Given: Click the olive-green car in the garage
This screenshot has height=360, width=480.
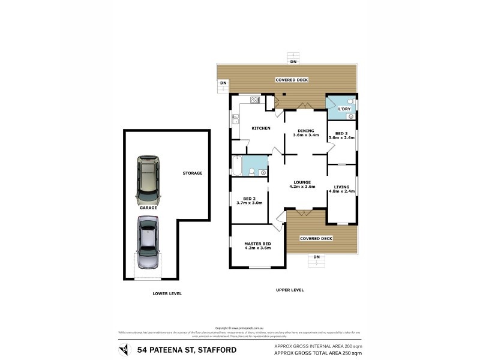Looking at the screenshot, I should (148, 179).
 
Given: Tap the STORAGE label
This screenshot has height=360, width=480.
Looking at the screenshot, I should (193, 173).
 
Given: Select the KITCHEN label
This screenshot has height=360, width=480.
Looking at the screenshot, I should (260, 128).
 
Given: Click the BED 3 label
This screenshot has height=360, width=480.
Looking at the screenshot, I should (341, 133).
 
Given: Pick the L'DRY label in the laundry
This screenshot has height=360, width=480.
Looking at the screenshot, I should (344, 109).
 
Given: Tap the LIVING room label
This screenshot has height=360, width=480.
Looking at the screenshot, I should (341, 187).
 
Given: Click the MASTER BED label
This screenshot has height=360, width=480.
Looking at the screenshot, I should (257, 243).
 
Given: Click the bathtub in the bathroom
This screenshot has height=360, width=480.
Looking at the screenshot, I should (236, 164).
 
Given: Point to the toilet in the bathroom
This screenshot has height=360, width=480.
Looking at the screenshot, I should (252, 172).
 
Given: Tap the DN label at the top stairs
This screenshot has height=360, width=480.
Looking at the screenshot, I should (293, 62).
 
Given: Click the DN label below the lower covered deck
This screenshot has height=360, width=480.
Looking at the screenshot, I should (317, 257).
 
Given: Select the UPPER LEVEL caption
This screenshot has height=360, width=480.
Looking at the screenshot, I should (290, 290).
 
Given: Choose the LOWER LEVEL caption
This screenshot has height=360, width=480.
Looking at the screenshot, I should (167, 293).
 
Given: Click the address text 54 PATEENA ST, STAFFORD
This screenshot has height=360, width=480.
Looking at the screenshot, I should (187, 350).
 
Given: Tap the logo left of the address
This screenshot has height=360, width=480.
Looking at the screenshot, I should (124, 350).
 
